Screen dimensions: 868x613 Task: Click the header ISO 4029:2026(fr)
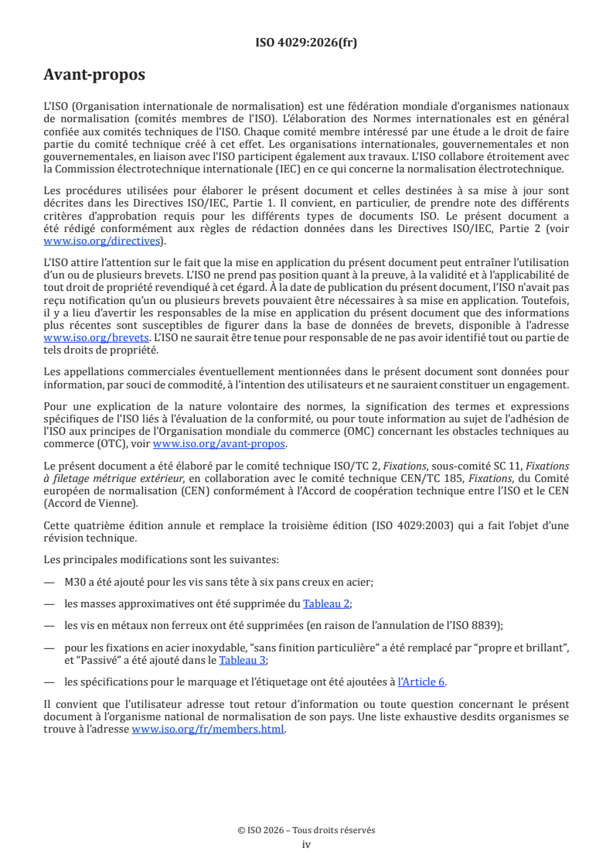(306, 43)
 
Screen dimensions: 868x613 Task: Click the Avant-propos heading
(94, 76)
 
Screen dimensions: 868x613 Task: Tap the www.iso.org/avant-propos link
(219, 444)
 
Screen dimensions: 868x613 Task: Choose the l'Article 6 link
(421, 682)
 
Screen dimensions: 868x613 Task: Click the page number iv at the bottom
(306, 844)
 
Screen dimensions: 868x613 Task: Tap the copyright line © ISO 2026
(306, 830)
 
